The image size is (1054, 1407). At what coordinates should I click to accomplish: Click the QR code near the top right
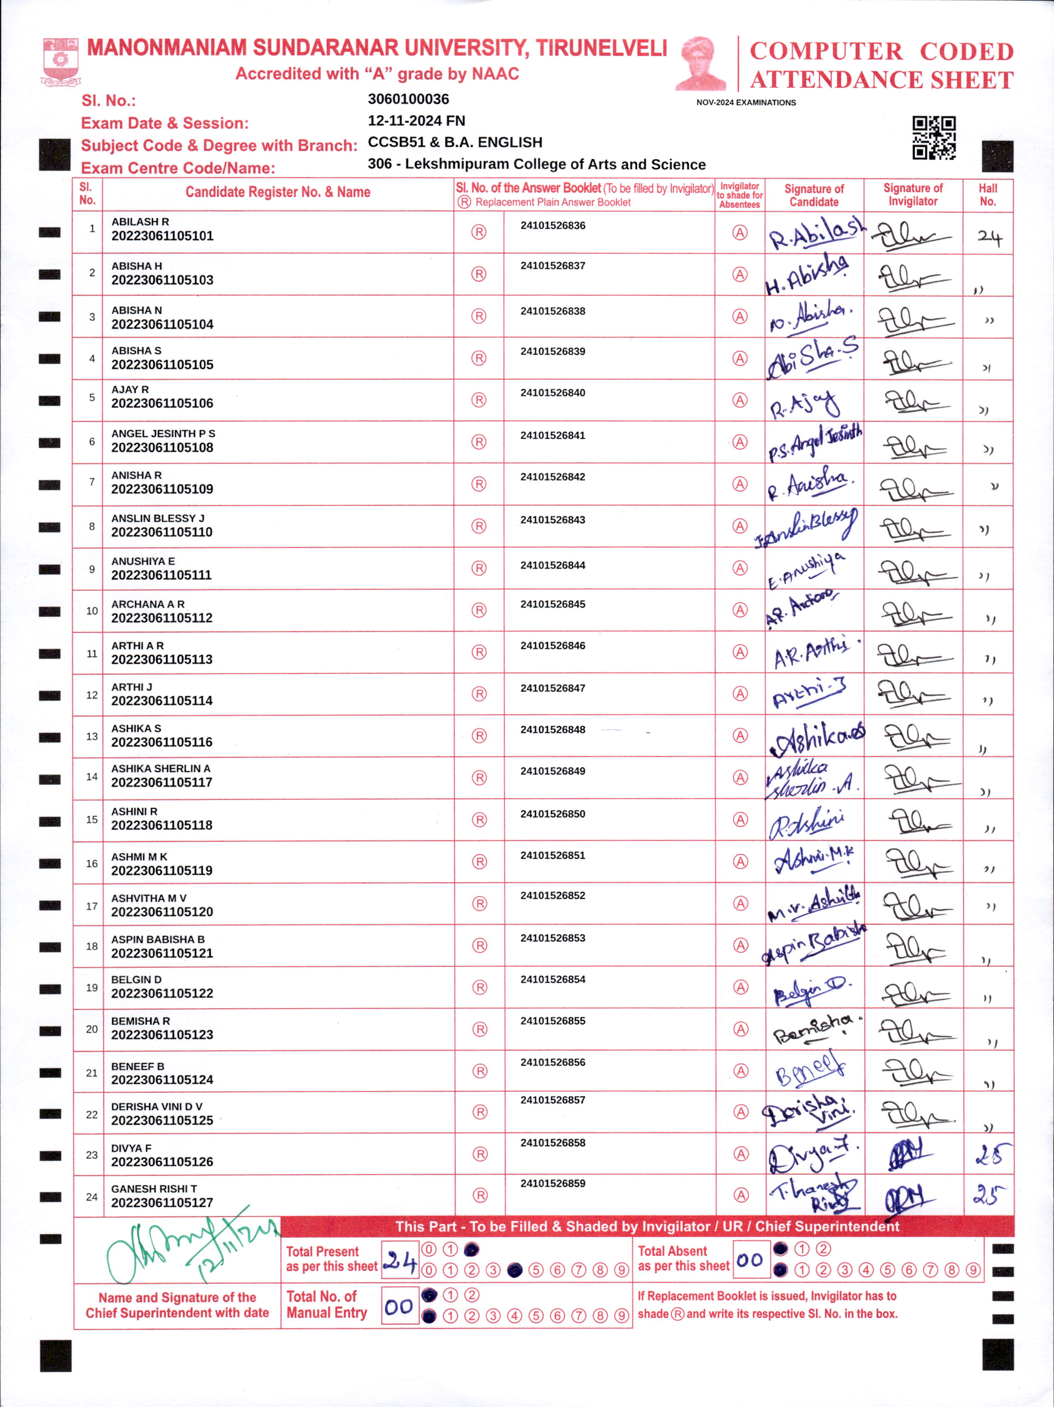click(x=934, y=137)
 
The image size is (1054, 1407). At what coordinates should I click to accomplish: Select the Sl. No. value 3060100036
click(x=408, y=99)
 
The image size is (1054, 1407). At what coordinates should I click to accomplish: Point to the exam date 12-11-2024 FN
click(x=416, y=121)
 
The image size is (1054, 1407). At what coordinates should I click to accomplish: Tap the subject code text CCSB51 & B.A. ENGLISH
click(x=455, y=143)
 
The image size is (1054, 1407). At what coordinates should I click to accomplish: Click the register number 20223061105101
click(x=162, y=236)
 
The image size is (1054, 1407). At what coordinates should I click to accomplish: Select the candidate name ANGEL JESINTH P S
click(x=163, y=434)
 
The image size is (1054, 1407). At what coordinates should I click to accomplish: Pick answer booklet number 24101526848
click(x=553, y=729)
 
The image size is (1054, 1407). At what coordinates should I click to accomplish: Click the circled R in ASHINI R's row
click(x=479, y=820)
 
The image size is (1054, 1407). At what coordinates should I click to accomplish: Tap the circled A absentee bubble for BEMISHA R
click(x=740, y=1029)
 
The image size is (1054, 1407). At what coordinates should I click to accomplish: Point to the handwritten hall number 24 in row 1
click(x=989, y=238)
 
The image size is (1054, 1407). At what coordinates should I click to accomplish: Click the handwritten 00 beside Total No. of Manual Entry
click(x=399, y=1307)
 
